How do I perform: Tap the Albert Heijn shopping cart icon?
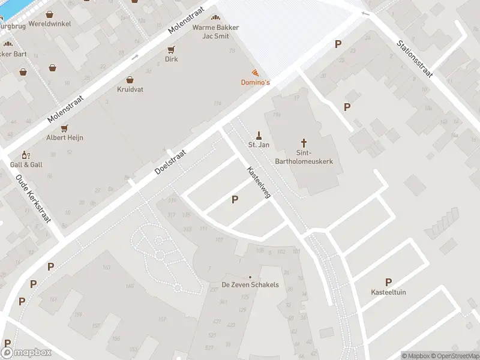[64, 128]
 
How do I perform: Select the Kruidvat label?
[130, 89]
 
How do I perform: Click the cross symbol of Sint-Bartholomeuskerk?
[304, 143]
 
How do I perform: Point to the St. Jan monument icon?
[259, 135]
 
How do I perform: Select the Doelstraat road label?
[170, 163]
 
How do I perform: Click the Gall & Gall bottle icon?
[25, 155]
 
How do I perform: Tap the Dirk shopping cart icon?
[172, 50]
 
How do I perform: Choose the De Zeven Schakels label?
[250, 284]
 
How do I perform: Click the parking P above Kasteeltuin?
[388, 282]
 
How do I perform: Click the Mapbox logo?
[26, 353]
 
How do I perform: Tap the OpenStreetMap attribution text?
[454, 356]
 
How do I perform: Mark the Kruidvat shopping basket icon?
[130, 79]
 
